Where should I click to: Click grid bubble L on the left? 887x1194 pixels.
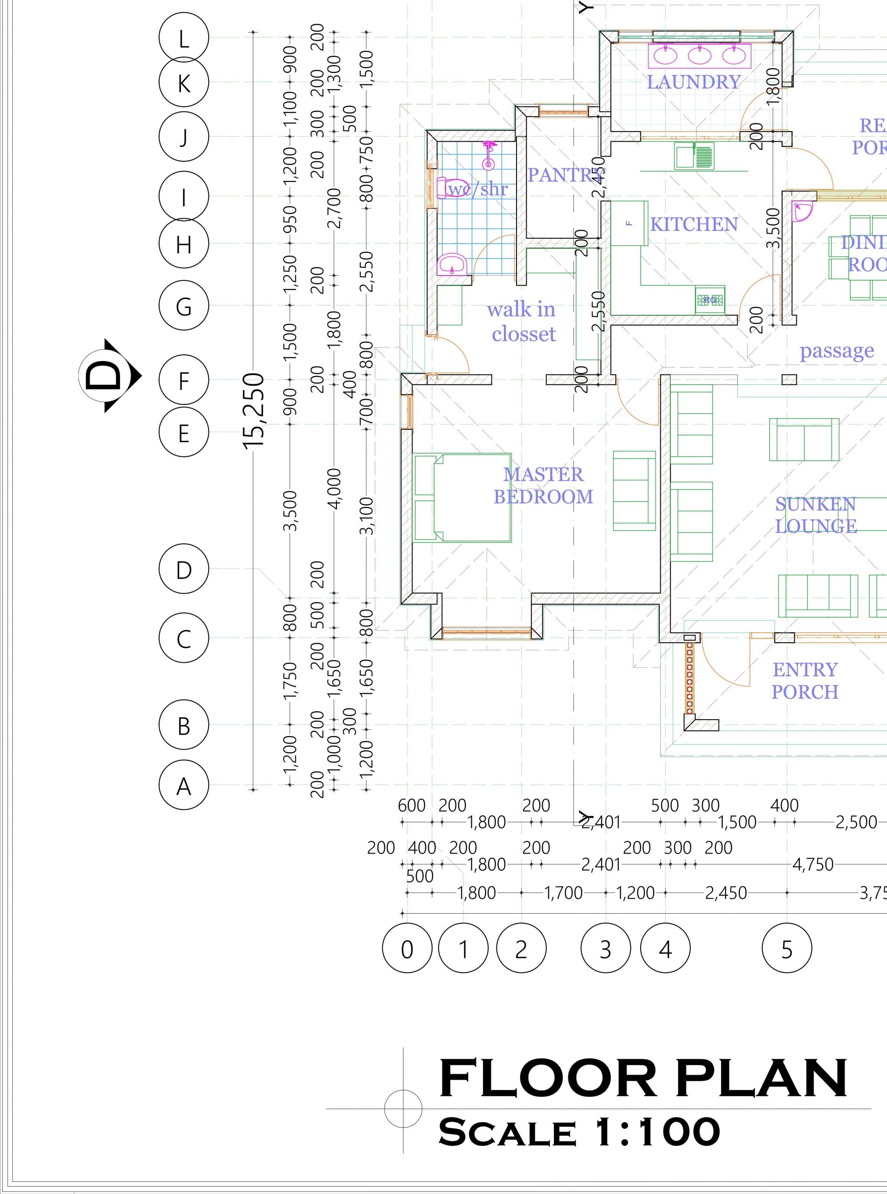coord(184,39)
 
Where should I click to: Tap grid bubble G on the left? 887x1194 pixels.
coord(184,306)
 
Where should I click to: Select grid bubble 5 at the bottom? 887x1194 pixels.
coord(787,949)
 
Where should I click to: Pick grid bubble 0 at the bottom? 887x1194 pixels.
coord(407,949)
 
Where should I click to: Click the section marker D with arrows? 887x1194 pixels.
coord(109,375)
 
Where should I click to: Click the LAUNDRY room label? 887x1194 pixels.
coord(693,82)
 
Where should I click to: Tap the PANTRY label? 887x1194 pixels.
coord(566,175)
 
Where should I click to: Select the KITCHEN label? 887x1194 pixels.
coord(694,224)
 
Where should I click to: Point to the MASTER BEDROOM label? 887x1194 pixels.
coord(544,486)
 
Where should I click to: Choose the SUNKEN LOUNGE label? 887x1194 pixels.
coord(815,515)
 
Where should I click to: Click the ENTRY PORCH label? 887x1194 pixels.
coord(805,680)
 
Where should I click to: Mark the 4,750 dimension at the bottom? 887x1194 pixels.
coord(813,865)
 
